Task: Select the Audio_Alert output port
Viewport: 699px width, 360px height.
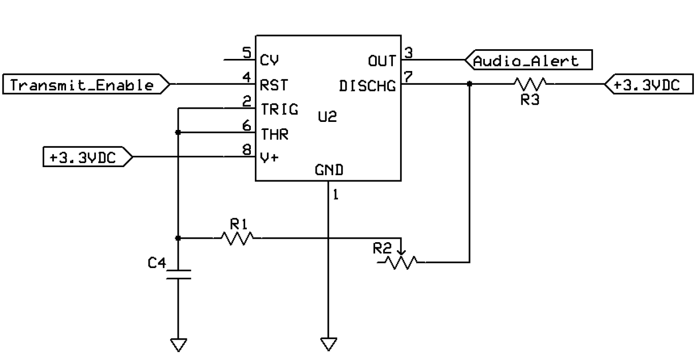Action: click(528, 60)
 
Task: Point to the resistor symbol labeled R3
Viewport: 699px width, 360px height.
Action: click(530, 84)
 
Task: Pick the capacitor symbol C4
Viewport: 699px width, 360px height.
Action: click(178, 275)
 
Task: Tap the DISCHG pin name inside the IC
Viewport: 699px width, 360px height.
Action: click(367, 87)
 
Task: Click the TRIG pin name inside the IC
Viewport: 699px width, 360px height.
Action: click(279, 109)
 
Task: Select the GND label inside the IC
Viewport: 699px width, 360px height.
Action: click(328, 171)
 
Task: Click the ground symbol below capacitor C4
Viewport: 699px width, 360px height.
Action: click(178, 345)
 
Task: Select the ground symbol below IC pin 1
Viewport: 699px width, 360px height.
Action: click(328, 345)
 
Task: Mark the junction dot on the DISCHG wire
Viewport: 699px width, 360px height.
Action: click(469, 84)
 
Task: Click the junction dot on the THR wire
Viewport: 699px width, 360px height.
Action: click(178, 133)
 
